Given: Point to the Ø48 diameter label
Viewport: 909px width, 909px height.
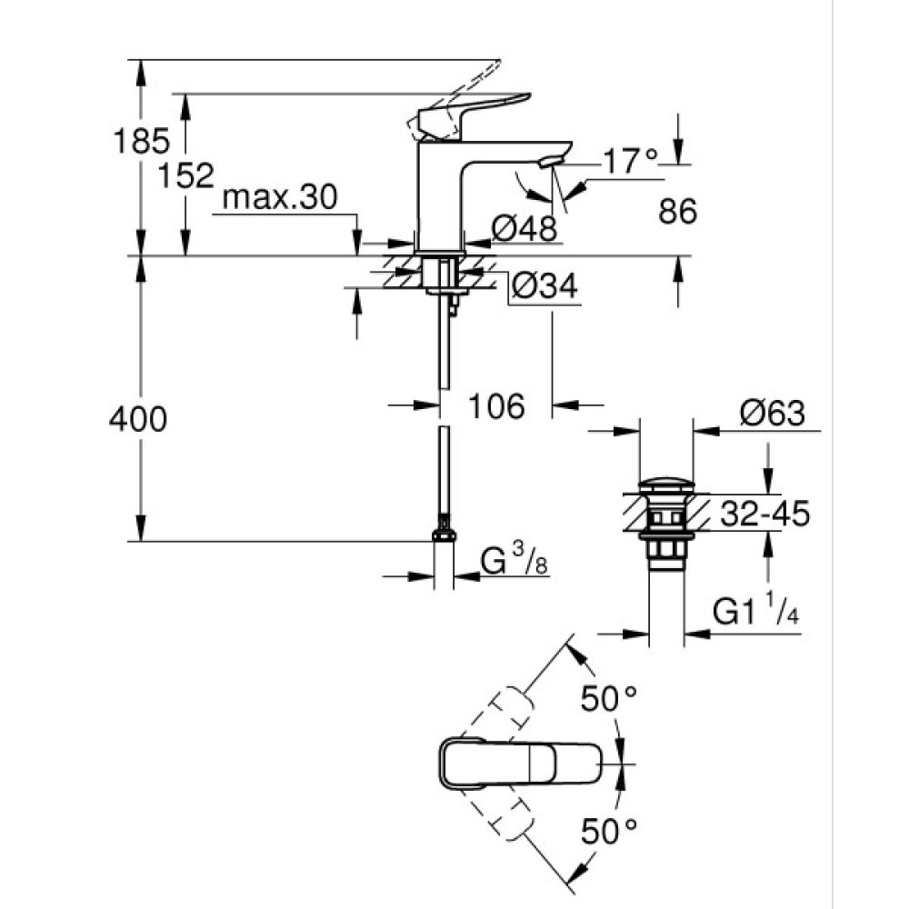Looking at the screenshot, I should pyautogui.click(x=524, y=227).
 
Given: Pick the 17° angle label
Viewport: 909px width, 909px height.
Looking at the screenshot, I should pyautogui.click(x=630, y=161).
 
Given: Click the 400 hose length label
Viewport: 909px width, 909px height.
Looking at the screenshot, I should pyautogui.click(x=137, y=420).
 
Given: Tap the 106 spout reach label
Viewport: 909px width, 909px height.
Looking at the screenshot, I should pyautogui.click(x=497, y=406).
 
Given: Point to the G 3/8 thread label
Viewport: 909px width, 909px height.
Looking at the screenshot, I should pyautogui.click(x=513, y=563).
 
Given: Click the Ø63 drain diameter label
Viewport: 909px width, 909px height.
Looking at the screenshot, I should pyautogui.click(x=772, y=414).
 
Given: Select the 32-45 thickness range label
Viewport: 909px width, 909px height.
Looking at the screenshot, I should pyautogui.click(x=764, y=514).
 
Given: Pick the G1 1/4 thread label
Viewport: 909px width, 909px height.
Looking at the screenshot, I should pyautogui.click(x=755, y=613).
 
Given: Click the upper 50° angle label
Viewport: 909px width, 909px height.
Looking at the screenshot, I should pyautogui.click(x=608, y=698).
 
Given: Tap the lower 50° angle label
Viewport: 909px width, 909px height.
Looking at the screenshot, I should pyautogui.click(x=608, y=829).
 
